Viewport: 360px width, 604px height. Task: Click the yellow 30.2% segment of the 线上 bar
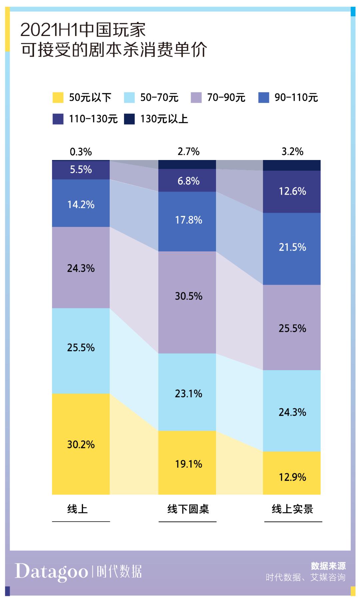[x=81, y=444]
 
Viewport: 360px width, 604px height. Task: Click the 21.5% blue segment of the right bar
[x=292, y=249]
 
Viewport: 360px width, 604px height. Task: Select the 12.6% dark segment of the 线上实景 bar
[x=292, y=192]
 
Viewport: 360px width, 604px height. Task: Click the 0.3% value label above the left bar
[x=81, y=152]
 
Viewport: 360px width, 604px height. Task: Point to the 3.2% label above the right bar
[x=292, y=152]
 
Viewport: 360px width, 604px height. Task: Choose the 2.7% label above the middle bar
[x=188, y=152]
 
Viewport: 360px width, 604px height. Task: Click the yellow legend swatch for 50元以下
[x=58, y=98]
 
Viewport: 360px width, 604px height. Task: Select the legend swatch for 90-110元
[x=264, y=98]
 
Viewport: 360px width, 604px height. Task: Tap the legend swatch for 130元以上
[x=129, y=119]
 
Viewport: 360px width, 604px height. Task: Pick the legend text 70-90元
[x=226, y=98]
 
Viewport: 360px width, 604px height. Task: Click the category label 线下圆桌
[x=188, y=509]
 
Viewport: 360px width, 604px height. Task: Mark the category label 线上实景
[x=292, y=509]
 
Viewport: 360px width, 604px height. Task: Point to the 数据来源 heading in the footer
[x=328, y=566]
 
